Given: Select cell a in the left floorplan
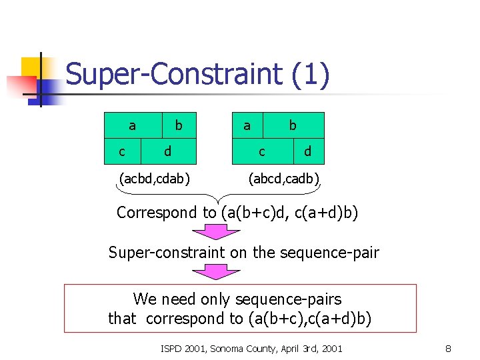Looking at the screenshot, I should click(133, 125).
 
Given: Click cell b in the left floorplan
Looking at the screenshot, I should click(179, 125).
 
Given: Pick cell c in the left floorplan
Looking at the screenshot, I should click(121, 151).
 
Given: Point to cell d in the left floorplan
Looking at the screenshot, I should click(167, 151).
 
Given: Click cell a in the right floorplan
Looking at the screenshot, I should click(247, 125).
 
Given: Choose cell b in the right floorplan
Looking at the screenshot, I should click(293, 125).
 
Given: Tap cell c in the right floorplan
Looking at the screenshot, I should click(262, 151).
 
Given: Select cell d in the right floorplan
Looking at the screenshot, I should click(307, 151).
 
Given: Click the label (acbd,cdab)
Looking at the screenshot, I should click(154, 178).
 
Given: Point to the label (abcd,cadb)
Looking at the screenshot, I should click(284, 178).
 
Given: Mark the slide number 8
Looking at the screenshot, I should click(448, 347).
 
